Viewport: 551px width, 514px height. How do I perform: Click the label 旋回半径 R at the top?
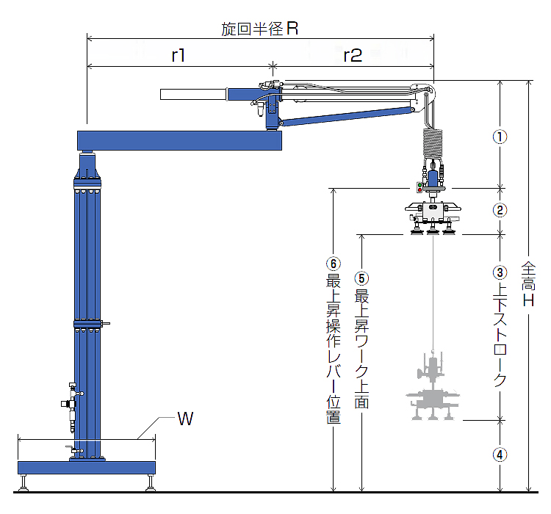coord(259,29)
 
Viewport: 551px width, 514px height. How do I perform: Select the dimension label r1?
coord(179,56)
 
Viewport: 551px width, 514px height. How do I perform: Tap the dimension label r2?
coord(353,56)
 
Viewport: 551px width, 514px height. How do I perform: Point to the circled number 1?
coord(500,137)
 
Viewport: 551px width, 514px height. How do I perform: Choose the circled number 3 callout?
coord(500,272)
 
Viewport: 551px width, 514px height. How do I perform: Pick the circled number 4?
coord(500,454)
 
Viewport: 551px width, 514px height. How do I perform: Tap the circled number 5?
coord(361,278)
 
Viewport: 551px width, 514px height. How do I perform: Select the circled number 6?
coord(333,263)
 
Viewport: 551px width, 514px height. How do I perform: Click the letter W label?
coord(185,420)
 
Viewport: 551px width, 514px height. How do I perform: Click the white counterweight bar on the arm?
coord(193,94)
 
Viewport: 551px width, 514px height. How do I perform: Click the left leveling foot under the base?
coord(25,483)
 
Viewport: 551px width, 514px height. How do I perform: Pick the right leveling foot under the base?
coord(151,483)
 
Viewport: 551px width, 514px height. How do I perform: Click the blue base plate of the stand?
coord(87,467)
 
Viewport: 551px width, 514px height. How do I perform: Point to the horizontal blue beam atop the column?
coord(180,140)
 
